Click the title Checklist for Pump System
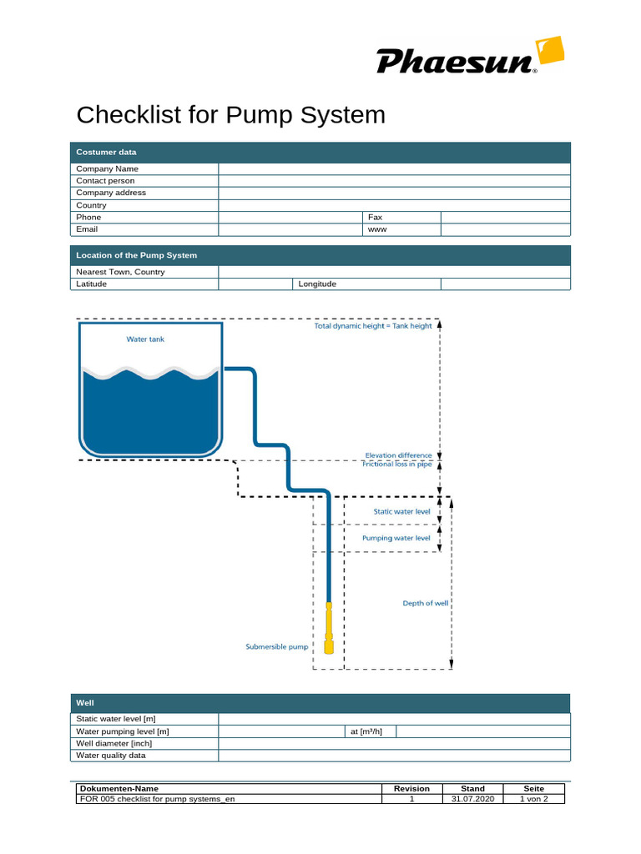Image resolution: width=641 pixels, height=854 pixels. [x=231, y=114]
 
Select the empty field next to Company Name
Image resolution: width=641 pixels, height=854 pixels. [x=394, y=168]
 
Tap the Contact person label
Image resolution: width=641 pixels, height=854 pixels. [x=105, y=181]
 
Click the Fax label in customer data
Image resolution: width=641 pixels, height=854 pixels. [x=375, y=217]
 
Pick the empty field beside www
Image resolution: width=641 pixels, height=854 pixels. [x=505, y=229]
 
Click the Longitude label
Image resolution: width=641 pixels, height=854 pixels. [x=317, y=284]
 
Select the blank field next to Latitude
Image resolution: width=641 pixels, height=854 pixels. [x=255, y=284]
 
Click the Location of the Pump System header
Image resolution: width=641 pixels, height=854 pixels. [x=137, y=255]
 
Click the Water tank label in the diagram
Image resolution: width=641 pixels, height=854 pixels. [x=145, y=339]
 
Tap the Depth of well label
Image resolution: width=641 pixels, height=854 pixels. [x=426, y=603]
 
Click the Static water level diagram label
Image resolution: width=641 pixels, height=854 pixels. [x=401, y=511]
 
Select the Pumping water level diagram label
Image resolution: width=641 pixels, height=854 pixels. [x=396, y=538]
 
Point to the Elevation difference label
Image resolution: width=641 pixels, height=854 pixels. [x=399, y=455]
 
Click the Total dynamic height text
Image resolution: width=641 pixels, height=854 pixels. [x=373, y=326]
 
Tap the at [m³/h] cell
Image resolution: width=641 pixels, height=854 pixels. [x=367, y=731]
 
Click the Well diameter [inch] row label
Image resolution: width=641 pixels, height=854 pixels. [x=114, y=743]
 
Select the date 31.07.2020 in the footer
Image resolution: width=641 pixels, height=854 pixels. [x=473, y=799]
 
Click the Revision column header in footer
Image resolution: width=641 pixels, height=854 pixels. [x=411, y=788]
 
